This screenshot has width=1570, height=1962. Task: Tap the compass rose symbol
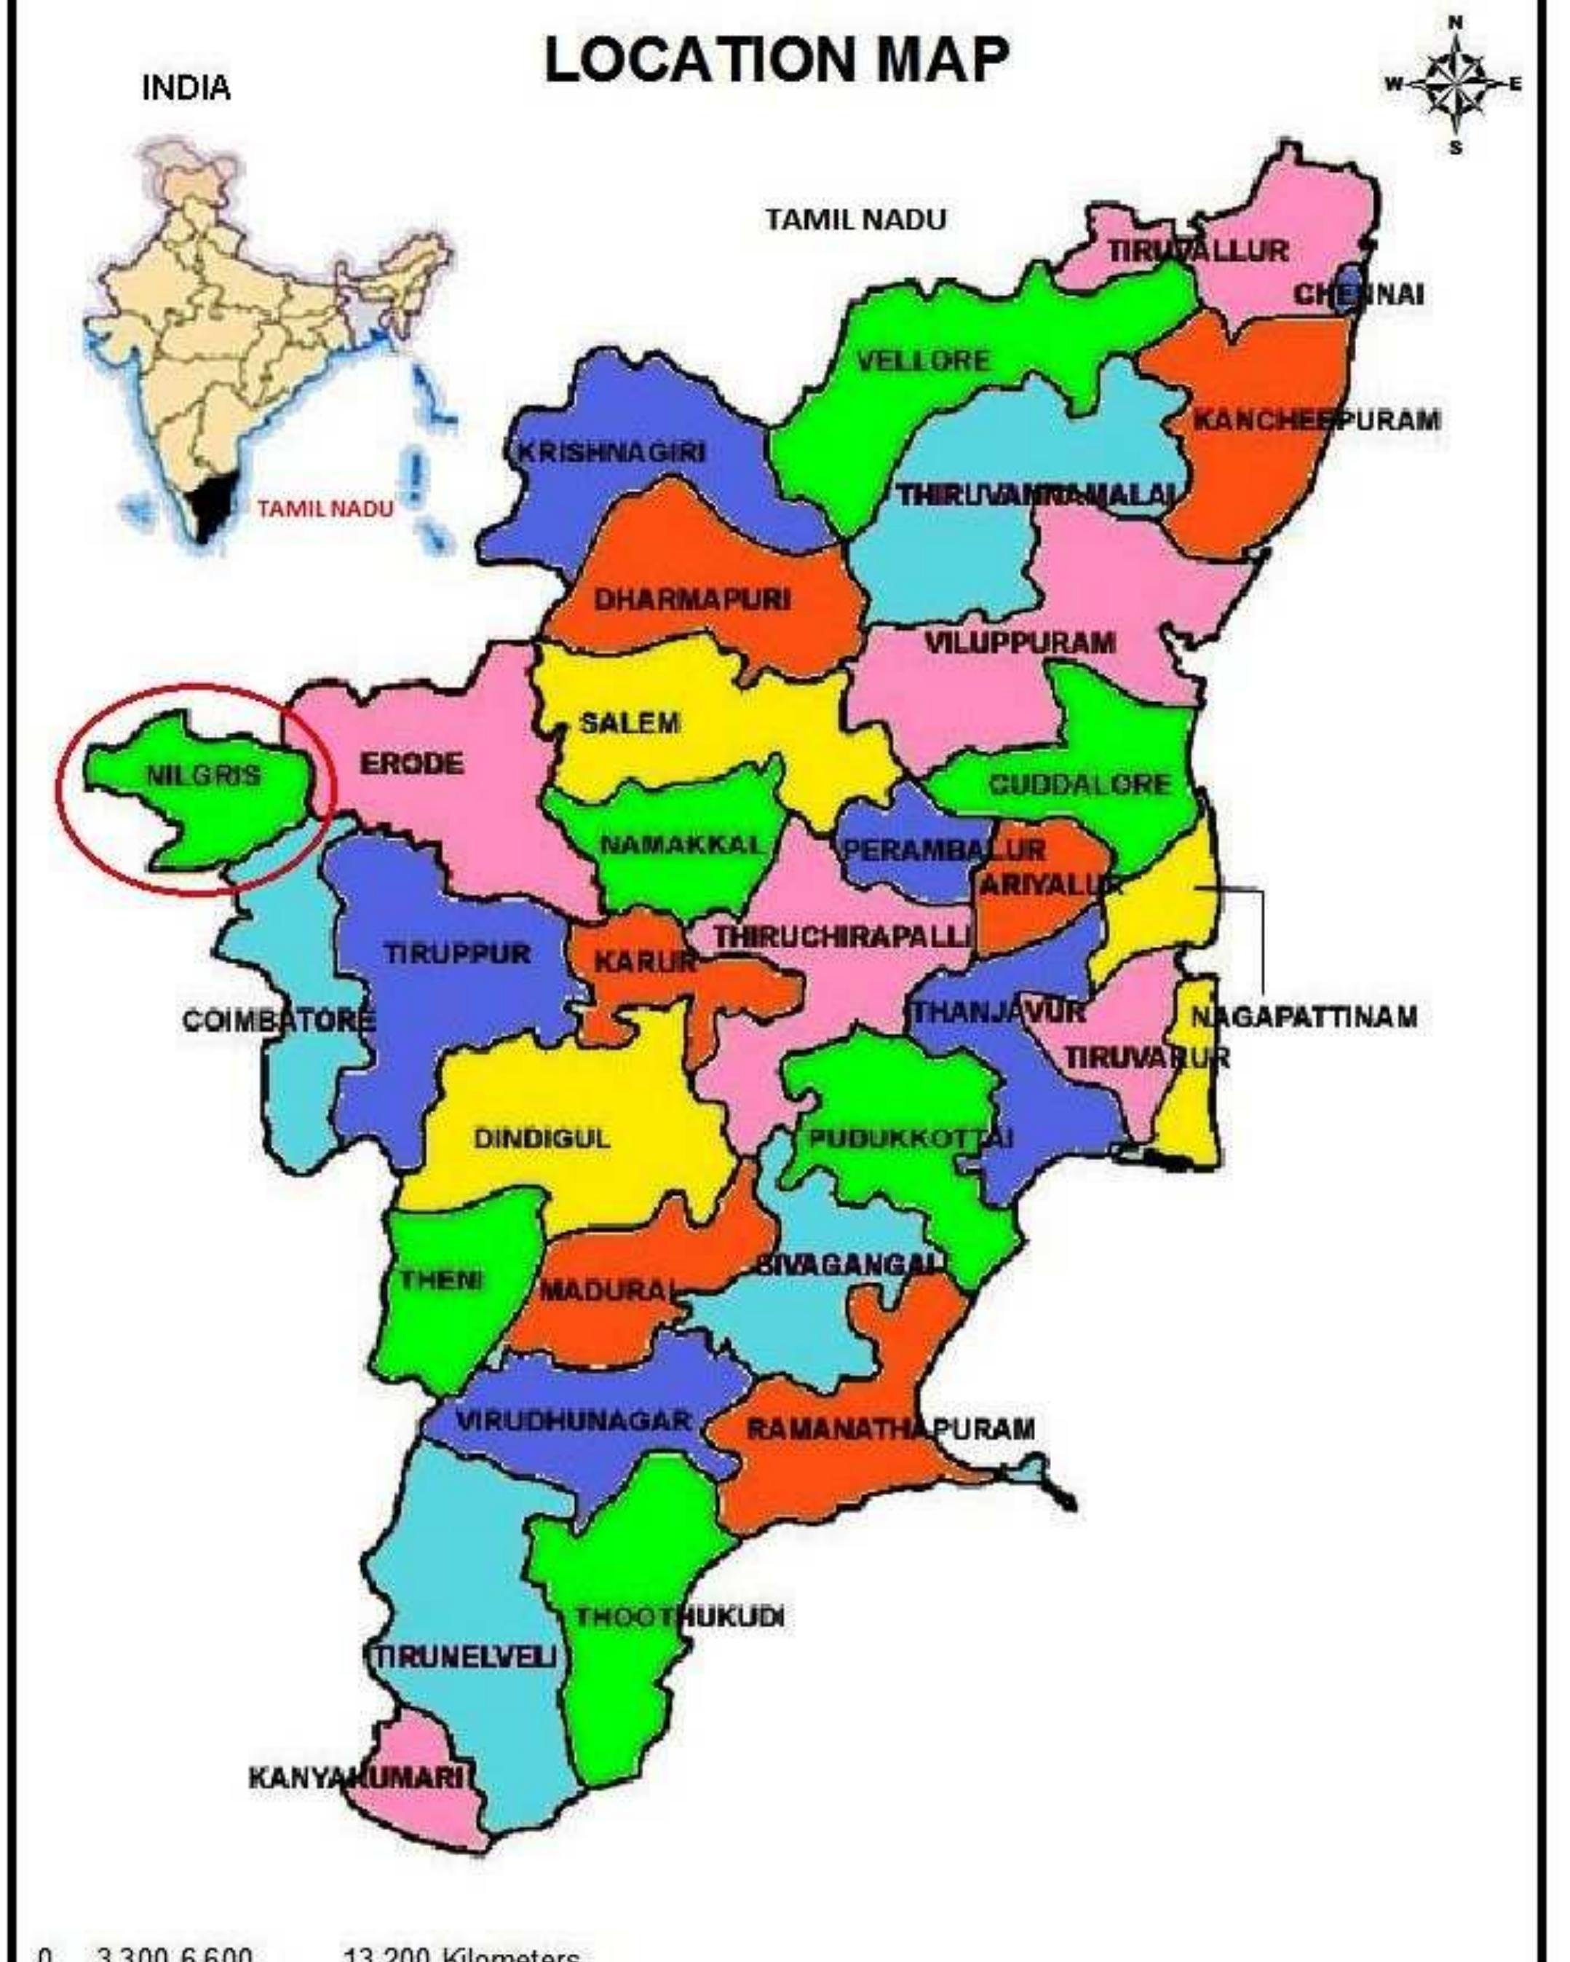(x=1456, y=84)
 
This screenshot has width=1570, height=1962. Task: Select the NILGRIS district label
(x=203, y=776)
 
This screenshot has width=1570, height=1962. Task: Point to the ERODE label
(x=411, y=763)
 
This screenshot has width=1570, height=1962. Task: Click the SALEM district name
(x=630, y=723)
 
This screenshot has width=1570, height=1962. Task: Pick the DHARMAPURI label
(x=692, y=599)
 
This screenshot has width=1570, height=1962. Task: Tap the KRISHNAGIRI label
(x=611, y=452)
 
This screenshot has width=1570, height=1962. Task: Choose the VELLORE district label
(x=923, y=361)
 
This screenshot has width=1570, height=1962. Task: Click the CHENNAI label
(x=1359, y=295)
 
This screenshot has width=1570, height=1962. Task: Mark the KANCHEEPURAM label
(x=1316, y=420)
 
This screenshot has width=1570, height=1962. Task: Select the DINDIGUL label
(x=542, y=1138)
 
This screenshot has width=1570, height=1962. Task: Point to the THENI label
(x=440, y=1280)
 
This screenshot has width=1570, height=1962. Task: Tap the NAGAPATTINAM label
(x=1304, y=1017)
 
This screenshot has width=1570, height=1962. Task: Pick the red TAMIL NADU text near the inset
(x=325, y=508)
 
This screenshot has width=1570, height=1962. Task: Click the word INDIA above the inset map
(x=186, y=88)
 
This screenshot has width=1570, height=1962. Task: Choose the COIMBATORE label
(x=278, y=1021)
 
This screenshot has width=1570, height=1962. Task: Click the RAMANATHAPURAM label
(x=889, y=1428)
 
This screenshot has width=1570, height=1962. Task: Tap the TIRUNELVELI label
(x=465, y=1656)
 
